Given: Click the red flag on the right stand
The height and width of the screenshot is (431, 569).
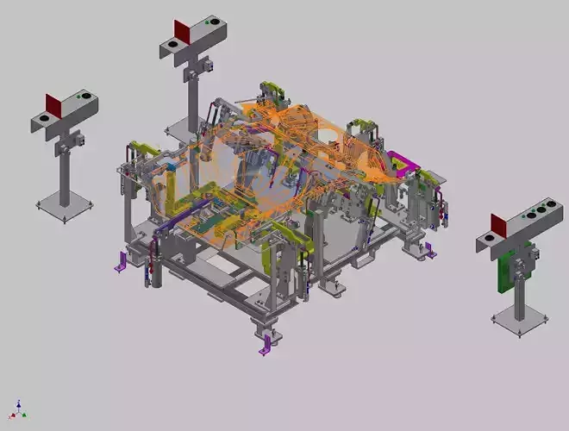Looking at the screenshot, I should (499, 226).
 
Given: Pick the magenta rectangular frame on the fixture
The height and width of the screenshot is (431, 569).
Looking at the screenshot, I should (402, 162).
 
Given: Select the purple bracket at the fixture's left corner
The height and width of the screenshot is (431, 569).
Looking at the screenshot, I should (122, 262).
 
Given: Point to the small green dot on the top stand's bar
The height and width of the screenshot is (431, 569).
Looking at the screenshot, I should (212, 21).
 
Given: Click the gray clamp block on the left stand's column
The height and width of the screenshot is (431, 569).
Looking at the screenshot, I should (74, 139).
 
